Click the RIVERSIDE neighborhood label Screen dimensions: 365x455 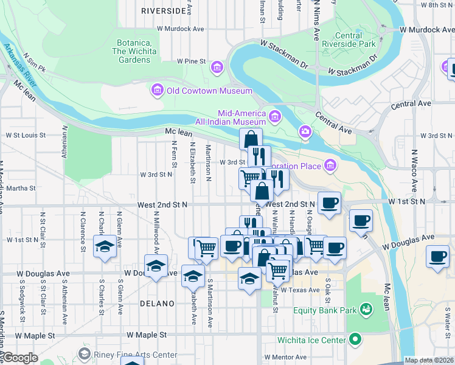tap(162, 11)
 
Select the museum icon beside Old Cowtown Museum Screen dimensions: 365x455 tap(157, 91)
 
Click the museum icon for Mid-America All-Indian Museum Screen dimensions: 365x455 tap(275, 116)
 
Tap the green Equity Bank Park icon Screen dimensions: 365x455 tap(366, 311)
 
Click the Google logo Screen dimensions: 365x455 tap(20, 358)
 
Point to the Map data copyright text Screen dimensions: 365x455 tap(428, 360)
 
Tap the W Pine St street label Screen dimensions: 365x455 tap(192, 61)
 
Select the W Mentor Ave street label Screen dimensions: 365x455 tap(285, 357)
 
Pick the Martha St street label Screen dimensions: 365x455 tap(21, 189)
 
